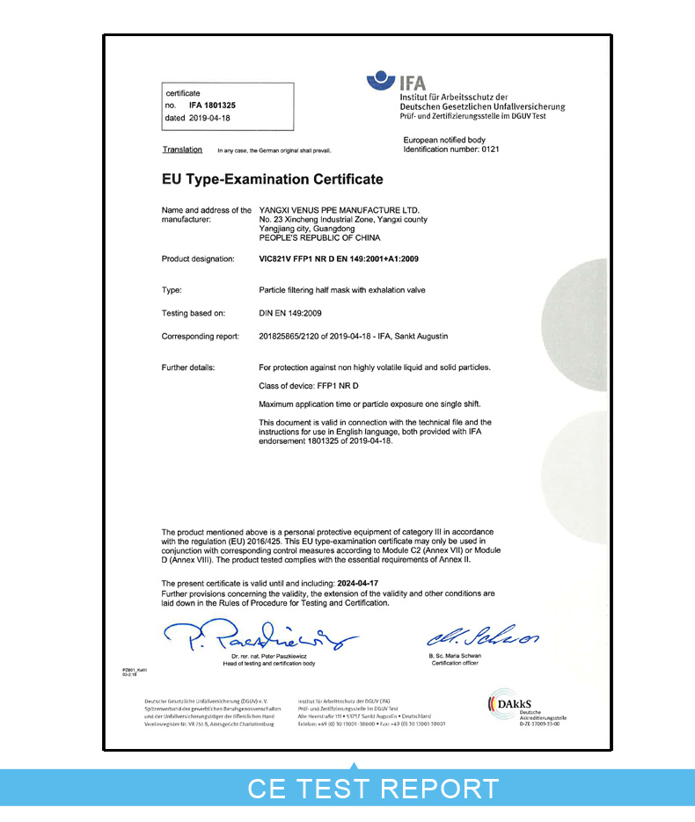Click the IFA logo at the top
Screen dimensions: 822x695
coord(396,84)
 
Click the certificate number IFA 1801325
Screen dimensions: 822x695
coord(212,105)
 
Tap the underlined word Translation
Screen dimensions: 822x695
coord(182,149)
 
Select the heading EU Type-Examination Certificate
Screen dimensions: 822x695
coord(273,179)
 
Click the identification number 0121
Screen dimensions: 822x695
coord(491,149)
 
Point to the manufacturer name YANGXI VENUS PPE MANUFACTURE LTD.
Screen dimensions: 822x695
coord(340,210)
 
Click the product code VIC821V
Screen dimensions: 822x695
coord(278,259)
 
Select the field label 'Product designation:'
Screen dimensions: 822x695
coord(198,259)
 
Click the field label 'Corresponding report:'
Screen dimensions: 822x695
coord(202,337)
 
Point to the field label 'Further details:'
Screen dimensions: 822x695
coord(188,367)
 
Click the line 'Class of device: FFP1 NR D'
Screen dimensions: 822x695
coord(309,385)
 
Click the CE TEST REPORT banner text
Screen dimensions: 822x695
coord(373,788)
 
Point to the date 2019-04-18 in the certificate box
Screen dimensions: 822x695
coord(209,117)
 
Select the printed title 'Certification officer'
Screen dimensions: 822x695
coord(454,663)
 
